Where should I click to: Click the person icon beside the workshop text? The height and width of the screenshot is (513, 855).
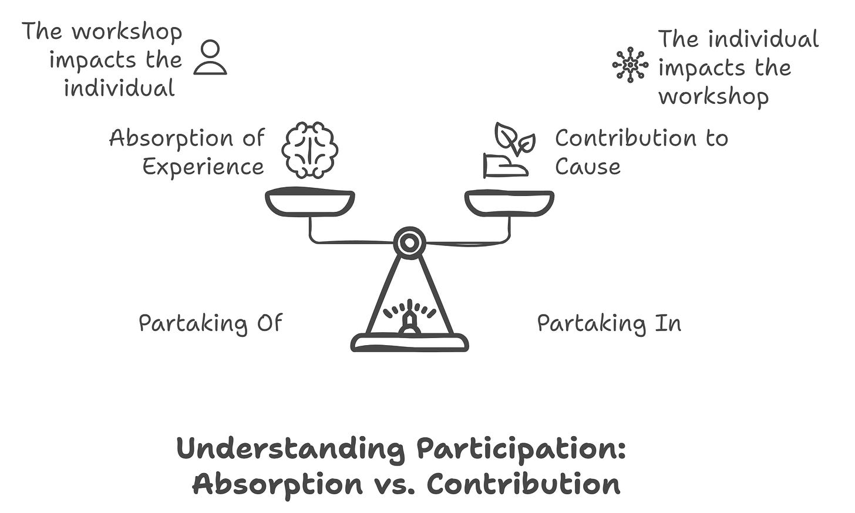[210, 58]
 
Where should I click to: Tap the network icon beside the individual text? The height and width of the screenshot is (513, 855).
[630, 64]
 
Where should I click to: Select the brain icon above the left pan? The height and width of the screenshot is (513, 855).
[309, 150]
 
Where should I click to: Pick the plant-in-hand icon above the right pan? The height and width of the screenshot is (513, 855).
[509, 151]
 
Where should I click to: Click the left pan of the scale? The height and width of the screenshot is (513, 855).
[309, 203]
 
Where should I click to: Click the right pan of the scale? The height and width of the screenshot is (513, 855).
[509, 203]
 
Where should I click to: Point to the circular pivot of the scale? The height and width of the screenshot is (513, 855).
[409, 241]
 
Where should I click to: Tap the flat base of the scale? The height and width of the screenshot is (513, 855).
[409, 342]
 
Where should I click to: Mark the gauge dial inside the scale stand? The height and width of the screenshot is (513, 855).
[409, 317]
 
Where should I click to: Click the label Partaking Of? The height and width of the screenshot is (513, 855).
[210, 323]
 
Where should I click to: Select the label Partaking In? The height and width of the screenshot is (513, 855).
[609, 323]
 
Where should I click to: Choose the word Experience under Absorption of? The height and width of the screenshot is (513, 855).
[203, 167]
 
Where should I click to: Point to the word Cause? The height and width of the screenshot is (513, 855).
[587, 167]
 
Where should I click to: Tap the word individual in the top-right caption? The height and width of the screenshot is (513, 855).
[763, 40]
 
